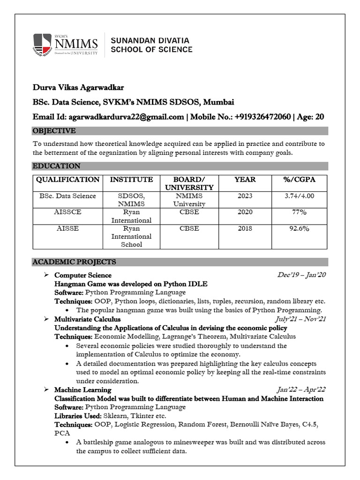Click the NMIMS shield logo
(42, 45)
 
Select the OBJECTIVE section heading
(54, 131)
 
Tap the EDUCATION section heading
(56, 166)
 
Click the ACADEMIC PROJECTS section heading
(74, 262)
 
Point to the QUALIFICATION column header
(68, 180)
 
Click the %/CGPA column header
(299, 180)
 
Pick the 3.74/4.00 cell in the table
(299, 196)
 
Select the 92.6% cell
(299, 229)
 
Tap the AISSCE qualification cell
(68, 212)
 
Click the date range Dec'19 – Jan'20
(301, 275)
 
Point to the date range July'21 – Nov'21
(300, 319)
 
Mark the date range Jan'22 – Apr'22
(301, 390)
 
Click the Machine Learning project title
(82, 390)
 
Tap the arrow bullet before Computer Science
(46, 275)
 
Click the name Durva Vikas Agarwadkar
(78, 88)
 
